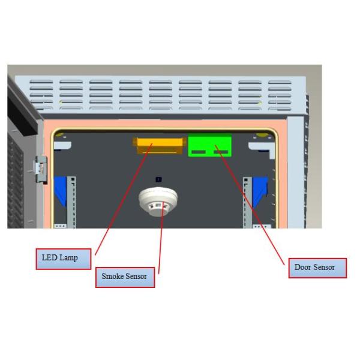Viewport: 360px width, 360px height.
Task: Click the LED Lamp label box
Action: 64,259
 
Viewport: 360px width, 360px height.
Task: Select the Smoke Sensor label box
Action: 125,277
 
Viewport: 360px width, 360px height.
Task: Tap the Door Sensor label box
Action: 317,268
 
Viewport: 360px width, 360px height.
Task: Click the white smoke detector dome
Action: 158,201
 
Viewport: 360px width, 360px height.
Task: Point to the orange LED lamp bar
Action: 160,145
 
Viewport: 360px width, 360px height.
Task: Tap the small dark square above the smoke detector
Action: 158,179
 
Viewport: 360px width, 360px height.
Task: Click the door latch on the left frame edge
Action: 41,169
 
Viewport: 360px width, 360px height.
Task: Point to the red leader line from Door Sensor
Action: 250,205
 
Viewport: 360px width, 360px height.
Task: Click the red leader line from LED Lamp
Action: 124,199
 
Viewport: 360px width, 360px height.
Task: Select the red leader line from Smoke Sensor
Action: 161,238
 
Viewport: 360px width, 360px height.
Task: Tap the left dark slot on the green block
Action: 199,152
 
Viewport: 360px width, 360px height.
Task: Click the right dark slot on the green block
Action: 221,152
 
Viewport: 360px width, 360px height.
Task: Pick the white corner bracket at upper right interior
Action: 262,149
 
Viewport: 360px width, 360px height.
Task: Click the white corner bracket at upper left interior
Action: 62,145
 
